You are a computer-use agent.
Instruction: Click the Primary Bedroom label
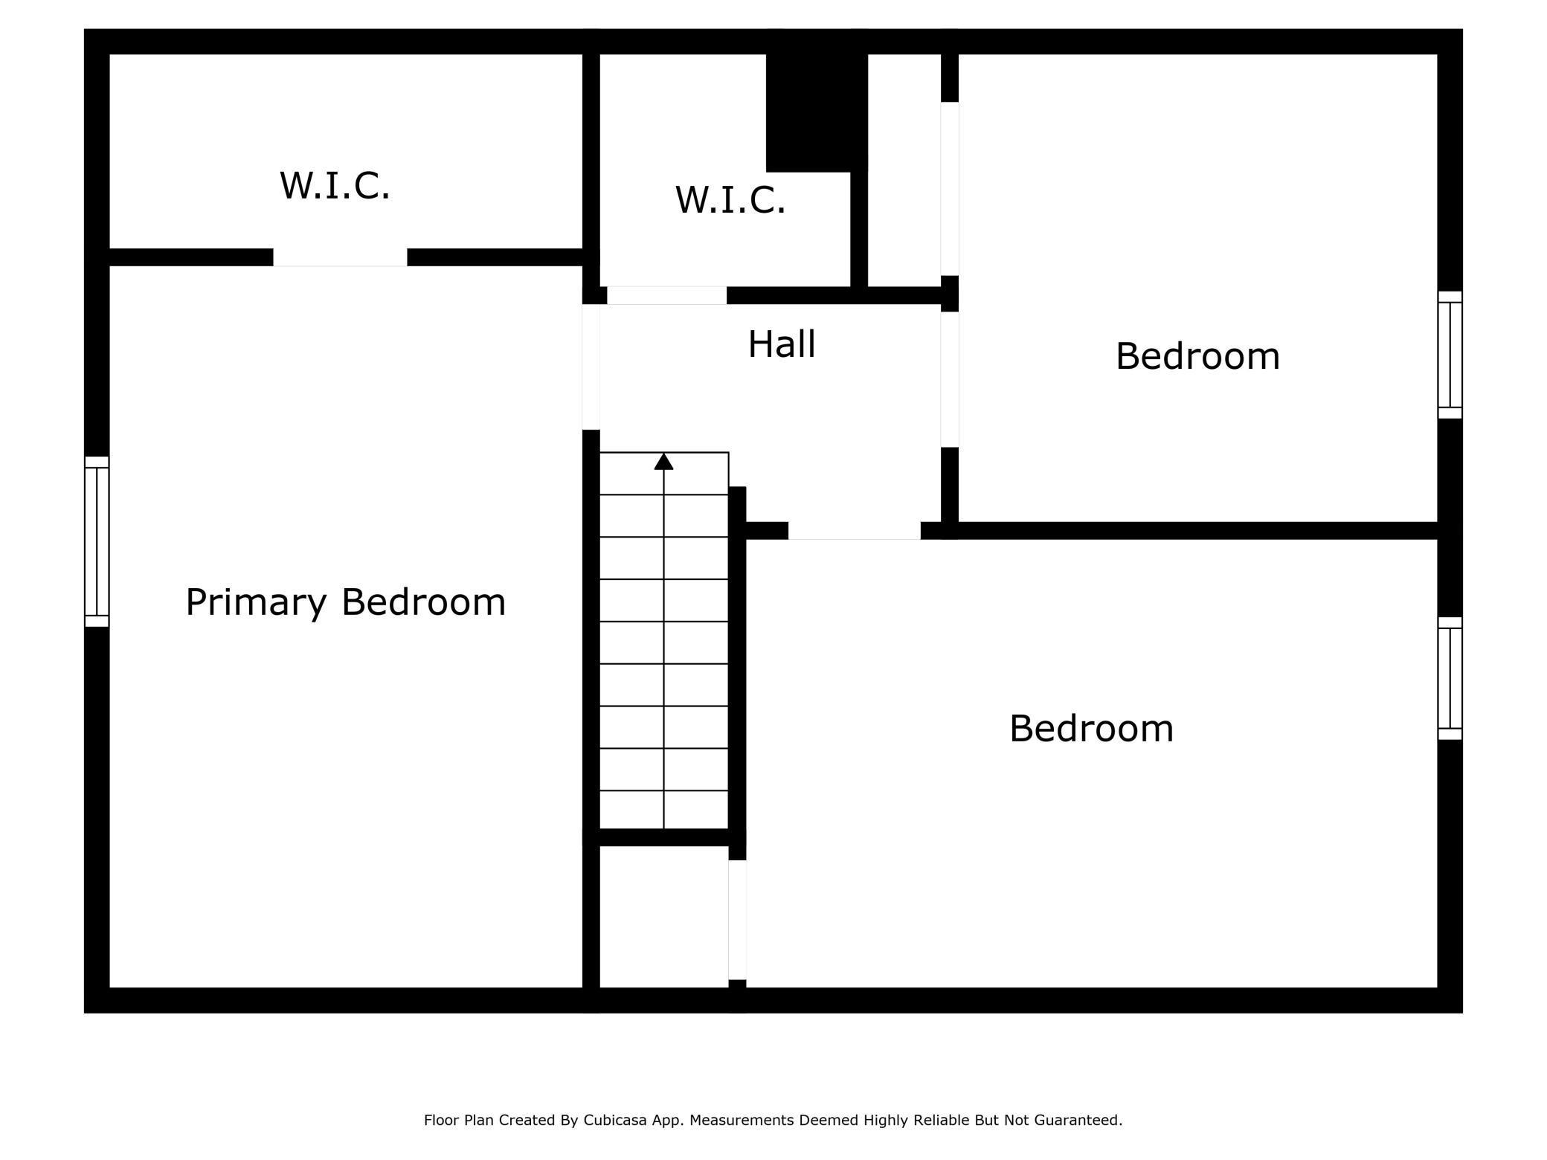[345, 602]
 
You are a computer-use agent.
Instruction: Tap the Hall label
[781, 344]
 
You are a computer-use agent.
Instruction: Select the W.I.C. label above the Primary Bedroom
[335, 185]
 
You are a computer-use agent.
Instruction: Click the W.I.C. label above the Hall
[730, 200]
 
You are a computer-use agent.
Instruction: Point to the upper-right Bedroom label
[1197, 356]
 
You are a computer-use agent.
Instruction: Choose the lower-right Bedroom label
[1091, 728]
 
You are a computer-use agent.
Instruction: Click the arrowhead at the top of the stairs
[663, 462]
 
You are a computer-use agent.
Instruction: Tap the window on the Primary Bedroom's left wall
[97, 541]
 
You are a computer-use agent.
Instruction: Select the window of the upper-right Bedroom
[1450, 355]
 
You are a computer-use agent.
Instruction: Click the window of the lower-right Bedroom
[1450, 678]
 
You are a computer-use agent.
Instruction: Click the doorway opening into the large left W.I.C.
[340, 257]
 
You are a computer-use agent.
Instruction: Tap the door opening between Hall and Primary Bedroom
[591, 367]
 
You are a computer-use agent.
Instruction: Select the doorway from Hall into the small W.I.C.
[666, 295]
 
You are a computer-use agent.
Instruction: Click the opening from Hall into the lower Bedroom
[854, 530]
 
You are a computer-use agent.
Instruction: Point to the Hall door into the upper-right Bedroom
[950, 379]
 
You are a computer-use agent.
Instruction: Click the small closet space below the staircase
[663, 916]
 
